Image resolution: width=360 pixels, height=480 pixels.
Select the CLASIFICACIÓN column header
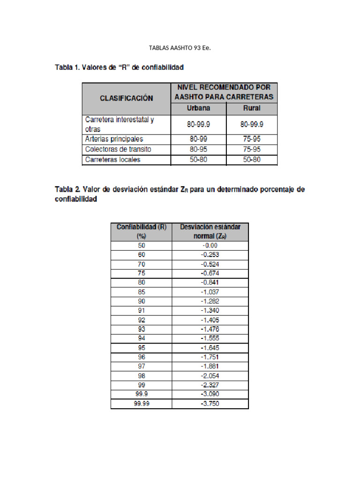tap(127, 98)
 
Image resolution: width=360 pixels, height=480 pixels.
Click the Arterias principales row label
tap(114, 139)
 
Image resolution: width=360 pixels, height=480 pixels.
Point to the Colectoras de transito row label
tap(118, 149)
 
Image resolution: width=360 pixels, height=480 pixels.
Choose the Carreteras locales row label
tap(113, 159)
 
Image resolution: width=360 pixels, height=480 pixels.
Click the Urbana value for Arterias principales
tap(199, 139)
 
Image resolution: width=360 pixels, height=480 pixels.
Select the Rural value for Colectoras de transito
tap(252, 149)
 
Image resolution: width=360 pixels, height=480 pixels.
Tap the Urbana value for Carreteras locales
tap(199, 159)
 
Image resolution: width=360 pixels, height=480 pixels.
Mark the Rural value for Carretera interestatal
tap(252, 124)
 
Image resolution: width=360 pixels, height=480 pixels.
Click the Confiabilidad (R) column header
tap(142, 231)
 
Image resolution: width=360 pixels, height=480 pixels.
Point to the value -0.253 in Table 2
tap(210, 255)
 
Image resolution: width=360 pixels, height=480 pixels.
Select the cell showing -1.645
tap(210, 348)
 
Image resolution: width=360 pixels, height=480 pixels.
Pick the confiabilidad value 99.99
tap(142, 404)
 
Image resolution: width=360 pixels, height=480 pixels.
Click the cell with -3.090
tap(210, 394)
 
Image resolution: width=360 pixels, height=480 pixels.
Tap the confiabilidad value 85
tap(142, 292)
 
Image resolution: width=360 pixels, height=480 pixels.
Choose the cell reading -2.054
tap(210, 375)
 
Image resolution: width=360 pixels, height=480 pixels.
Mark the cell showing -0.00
tap(210, 245)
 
